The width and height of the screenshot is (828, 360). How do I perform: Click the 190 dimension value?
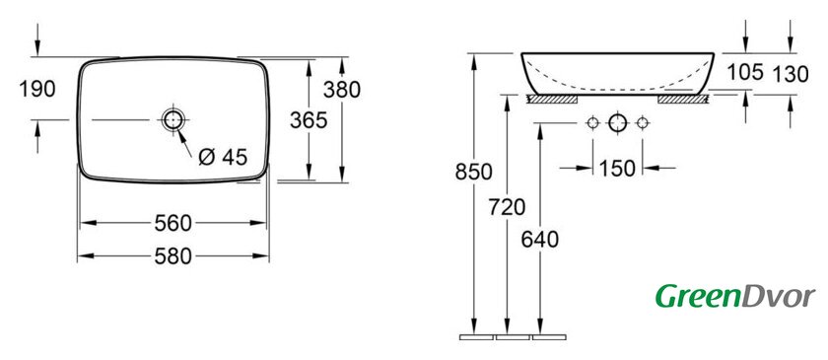coord(37,89)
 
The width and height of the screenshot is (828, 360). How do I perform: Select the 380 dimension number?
coord(342,90)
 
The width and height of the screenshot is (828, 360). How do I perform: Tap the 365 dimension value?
coord(309,120)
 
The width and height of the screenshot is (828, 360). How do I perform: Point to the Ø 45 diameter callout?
coord(223,157)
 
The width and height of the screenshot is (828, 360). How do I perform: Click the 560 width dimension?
coord(172,223)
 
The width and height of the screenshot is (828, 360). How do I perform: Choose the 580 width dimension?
coord(172,256)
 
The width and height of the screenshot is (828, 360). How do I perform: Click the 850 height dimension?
coord(474,172)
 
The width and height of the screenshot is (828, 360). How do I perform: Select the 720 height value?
coord(507,208)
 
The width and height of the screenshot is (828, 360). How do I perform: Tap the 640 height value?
coord(540,240)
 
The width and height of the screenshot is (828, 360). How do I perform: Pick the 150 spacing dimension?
coord(617,169)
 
